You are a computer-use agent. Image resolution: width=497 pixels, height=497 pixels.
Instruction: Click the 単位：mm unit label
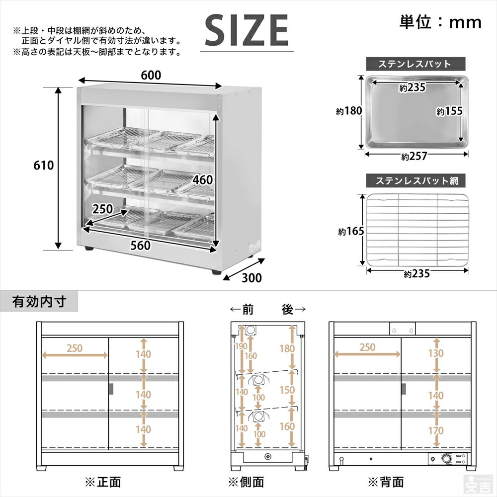pos(440,22)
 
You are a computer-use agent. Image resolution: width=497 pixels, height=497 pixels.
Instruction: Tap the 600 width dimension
pos(151,75)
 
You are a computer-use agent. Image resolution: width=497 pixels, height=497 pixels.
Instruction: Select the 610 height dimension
pos(44,165)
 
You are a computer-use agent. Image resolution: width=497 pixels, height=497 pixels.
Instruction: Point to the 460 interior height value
pos(203,179)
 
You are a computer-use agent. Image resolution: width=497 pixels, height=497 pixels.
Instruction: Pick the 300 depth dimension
pos(252,278)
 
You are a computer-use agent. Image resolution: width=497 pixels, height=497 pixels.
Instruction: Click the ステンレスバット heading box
pos(415,64)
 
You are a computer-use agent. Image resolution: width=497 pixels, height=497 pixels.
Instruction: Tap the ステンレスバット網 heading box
pos(415,180)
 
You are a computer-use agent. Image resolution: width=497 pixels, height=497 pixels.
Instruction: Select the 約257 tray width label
pos(414,157)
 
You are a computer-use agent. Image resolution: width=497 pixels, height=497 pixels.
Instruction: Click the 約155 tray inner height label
pos(449,111)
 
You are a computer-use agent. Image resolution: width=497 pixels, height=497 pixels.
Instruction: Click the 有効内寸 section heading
pos(39,302)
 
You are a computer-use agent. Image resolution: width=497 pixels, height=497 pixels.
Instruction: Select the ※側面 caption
pos(246,482)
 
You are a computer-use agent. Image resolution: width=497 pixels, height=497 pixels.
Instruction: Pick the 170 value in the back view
pos(436,430)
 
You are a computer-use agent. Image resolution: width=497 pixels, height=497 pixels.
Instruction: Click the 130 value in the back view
pos(436,352)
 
